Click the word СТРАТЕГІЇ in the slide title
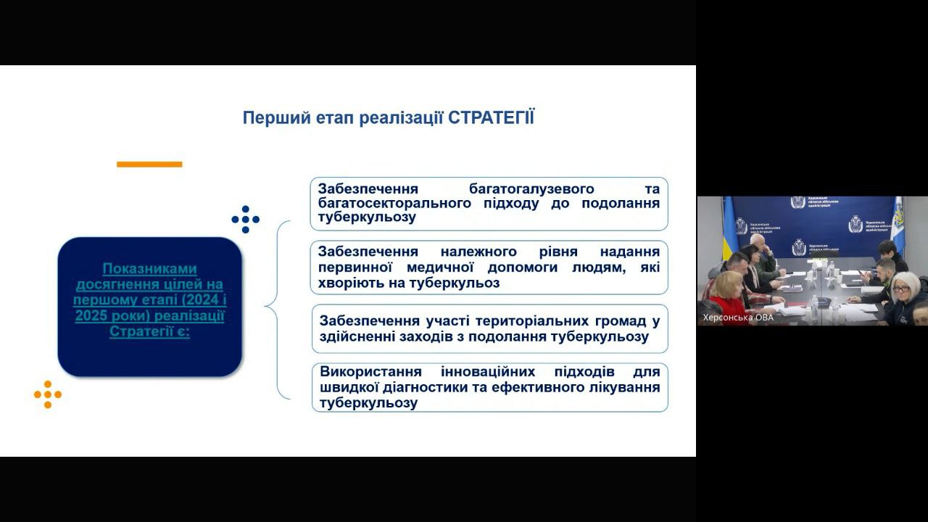pyautogui.click(x=491, y=117)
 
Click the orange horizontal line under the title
pyautogui.click(x=149, y=165)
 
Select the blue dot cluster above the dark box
pyautogui.click(x=245, y=219)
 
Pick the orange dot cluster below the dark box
pyautogui.click(x=48, y=394)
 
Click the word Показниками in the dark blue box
pyautogui.click(x=149, y=269)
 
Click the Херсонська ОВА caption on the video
pyautogui.click(x=738, y=318)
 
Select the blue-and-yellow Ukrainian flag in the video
pyautogui.click(x=728, y=228)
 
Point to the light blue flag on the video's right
pyautogui.click(x=898, y=225)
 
